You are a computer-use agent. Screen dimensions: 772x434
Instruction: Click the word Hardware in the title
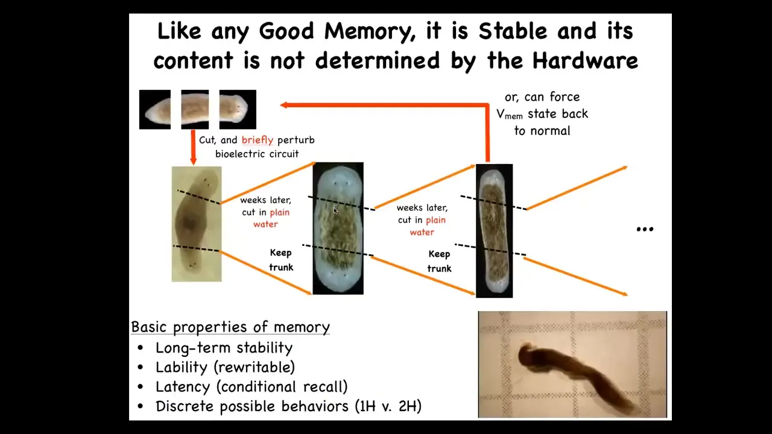pyautogui.click(x=585, y=61)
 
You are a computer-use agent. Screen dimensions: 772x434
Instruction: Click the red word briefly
pyautogui.click(x=258, y=140)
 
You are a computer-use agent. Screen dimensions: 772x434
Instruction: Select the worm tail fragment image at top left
pyautogui.click(x=155, y=110)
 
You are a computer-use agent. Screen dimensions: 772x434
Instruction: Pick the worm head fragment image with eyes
pyautogui.click(x=238, y=110)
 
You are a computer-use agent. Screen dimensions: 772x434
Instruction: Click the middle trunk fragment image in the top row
pyautogui.click(x=195, y=110)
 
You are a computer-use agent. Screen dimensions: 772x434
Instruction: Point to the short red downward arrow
pyautogui.click(x=194, y=147)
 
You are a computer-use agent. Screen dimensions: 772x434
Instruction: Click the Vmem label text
pyautogui.click(x=510, y=115)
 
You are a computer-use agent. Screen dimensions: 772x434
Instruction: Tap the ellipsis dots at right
pyautogui.click(x=645, y=230)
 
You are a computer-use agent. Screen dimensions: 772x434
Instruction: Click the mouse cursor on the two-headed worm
pyautogui.click(x=335, y=211)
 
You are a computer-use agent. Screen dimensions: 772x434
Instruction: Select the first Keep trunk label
pyautogui.click(x=281, y=260)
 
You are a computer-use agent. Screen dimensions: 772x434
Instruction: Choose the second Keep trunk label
pyautogui.click(x=439, y=262)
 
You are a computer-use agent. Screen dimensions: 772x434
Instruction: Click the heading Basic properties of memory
pyautogui.click(x=230, y=327)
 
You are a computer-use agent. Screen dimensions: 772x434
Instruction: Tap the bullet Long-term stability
pyautogui.click(x=224, y=348)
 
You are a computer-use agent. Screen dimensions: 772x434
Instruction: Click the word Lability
pyautogui.click(x=182, y=367)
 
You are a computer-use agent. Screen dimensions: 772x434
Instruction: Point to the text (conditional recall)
pyautogui.click(x=282, y=387)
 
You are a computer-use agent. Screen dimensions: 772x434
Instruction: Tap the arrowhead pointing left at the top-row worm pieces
pyautogui.click(x=283, y=105)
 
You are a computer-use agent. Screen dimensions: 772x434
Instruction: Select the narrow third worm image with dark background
pyautogui.click(x=494, y=231)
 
